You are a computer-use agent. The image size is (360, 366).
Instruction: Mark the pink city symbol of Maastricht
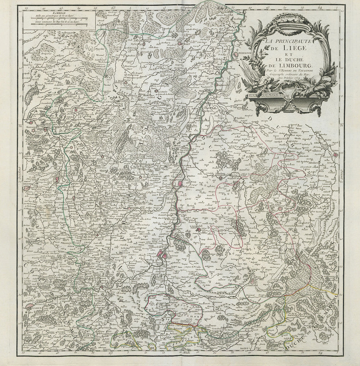pyautogui.click(x=179, y=184)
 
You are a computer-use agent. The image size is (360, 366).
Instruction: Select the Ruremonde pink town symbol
pyautogui.click(x=235, y=55)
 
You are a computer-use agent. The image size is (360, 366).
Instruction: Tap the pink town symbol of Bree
pyautogui.click(x=161, y=87)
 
